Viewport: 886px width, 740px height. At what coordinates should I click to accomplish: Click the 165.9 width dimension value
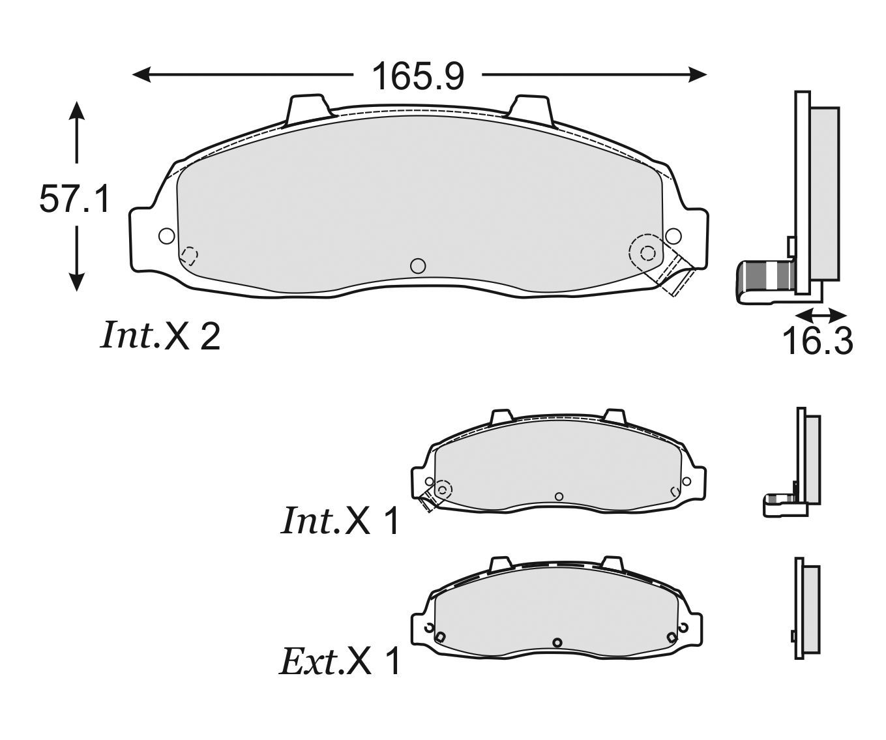click(418, 76)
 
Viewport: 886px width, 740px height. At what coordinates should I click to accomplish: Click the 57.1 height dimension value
click(74, 199)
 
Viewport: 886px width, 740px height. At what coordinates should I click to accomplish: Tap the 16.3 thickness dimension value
click(817, 342)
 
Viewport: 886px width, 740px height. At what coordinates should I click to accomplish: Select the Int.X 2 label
click(160, 336)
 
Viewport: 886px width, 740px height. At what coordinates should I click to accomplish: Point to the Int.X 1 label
click(340, 521)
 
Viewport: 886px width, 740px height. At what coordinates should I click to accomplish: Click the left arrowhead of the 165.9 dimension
click(141, 75)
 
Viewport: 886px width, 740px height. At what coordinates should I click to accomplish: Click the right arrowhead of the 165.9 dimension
click(697, 75)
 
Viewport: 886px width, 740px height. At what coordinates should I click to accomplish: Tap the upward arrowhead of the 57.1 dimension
click(76, 111)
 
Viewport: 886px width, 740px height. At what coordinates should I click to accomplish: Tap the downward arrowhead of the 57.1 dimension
click(76, 282)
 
